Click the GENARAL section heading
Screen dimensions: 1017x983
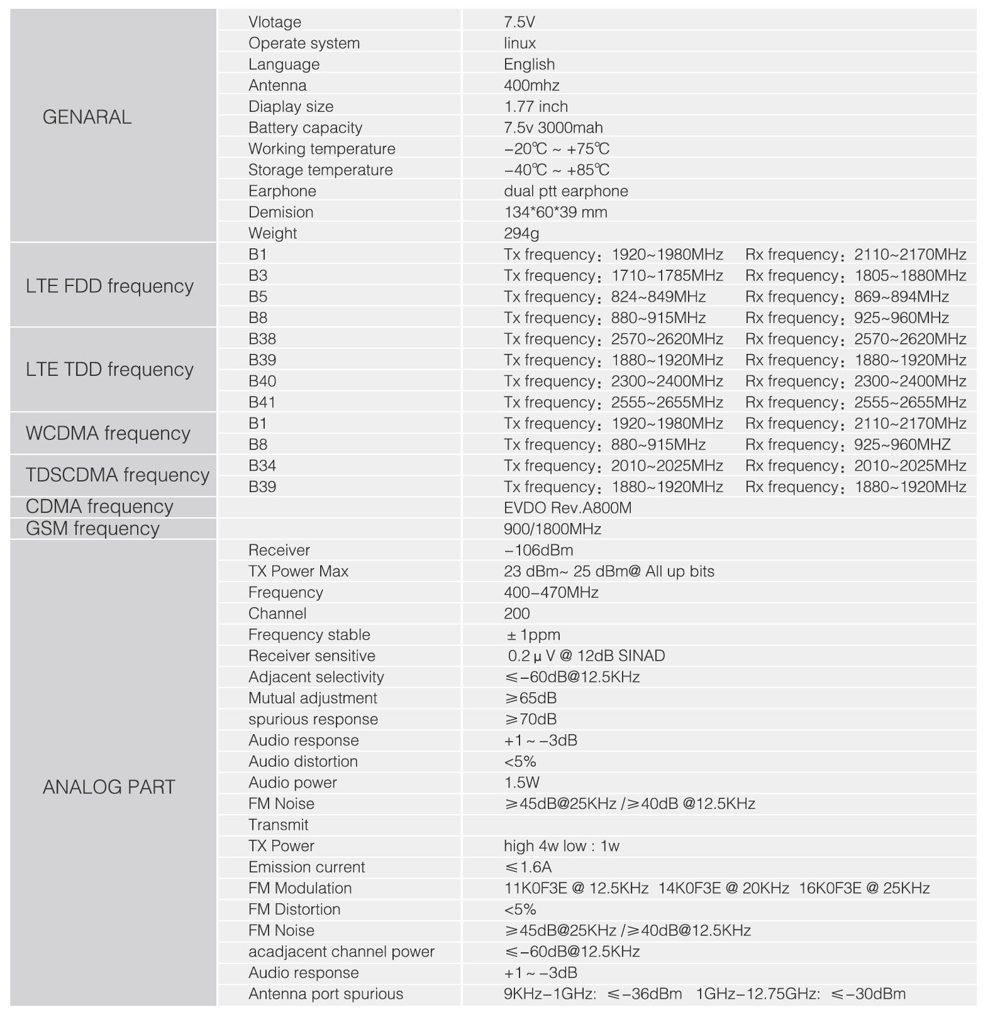[87, 117]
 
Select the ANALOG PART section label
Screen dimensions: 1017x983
[108, 787]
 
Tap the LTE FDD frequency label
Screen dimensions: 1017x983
[109, 286]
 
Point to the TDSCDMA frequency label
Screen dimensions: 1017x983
[117, 475]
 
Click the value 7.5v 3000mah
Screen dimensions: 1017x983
[553, 128]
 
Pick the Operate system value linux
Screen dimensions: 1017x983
[519, 43]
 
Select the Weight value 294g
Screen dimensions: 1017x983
[521, 233]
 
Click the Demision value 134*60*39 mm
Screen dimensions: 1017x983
[555, 212]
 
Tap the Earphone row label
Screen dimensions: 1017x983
[282, 191]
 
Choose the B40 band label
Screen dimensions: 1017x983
[262, 381]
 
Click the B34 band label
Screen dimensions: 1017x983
[262, 466]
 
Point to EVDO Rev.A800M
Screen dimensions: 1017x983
[567, 508]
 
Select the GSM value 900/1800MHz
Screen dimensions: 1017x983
[552, 529]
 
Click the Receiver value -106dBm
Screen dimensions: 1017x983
[538, 551]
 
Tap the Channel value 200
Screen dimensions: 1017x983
[516, 613]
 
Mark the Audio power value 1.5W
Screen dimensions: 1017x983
[521, 783]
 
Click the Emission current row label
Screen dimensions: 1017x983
[306, 867]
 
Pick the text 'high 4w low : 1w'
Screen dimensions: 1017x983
[561, 846]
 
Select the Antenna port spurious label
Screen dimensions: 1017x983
[325, 994]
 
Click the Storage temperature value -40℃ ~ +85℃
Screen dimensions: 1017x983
[557, 170]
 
